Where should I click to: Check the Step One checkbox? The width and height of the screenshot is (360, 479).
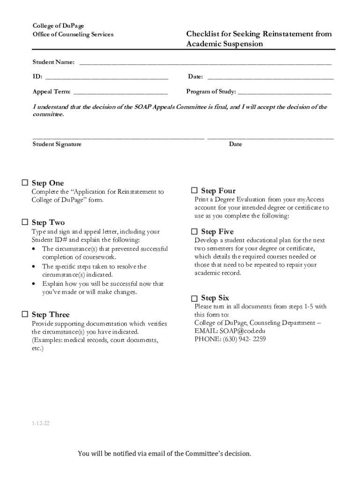click(25, 183)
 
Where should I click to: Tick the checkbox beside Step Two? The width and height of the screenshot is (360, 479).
click(25, 222)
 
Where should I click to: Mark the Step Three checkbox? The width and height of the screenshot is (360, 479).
click(25, 314)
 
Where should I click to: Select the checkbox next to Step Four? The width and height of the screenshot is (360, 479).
click(194, 190)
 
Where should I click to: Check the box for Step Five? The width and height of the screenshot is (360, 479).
click(194, 232)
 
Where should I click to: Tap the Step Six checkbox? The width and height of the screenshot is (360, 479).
click(194, 298)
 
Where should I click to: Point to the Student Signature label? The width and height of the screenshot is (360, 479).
click(57, 144)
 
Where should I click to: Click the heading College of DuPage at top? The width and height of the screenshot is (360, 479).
click(51, 25)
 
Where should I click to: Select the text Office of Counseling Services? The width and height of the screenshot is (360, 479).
click(72, 35)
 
